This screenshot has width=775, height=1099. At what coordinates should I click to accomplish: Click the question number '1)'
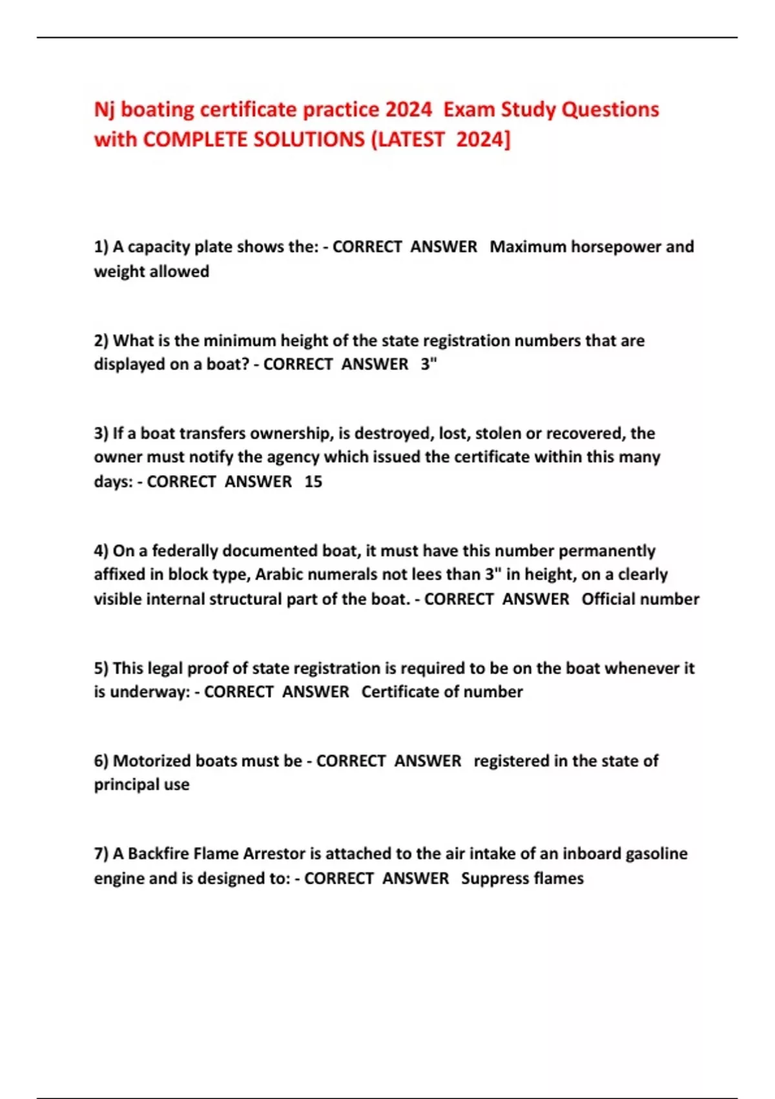tap(101, 247)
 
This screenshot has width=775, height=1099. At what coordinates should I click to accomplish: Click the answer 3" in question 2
tap(429, 365)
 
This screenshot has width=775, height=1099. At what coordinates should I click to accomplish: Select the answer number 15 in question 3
tap(313, 482)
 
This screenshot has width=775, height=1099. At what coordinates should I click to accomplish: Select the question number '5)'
tap(101, 668)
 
